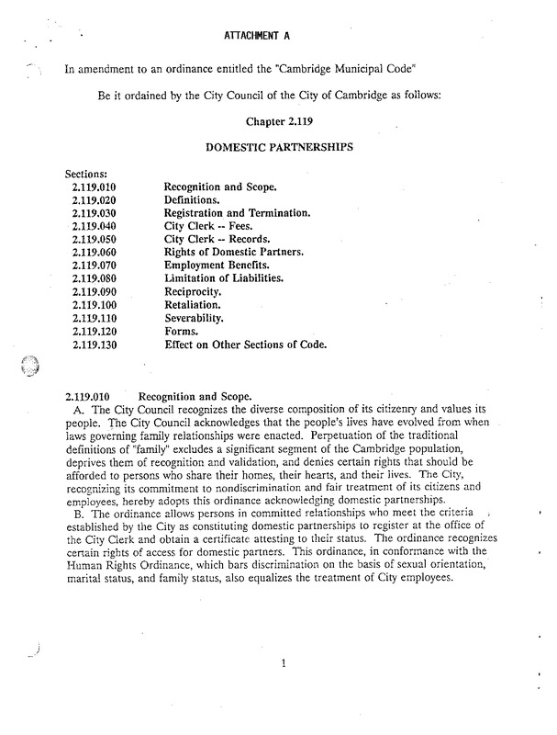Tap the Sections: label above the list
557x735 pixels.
coord(87,173)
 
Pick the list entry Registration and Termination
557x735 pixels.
coord(238,212)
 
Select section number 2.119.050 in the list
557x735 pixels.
coord(96,238)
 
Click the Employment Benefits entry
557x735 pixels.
coord(217,265)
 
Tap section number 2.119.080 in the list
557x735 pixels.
coord(96,277)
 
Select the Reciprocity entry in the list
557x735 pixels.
coord(197,290)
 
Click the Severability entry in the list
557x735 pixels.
coord(200,317)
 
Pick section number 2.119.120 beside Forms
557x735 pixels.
coord(96,330)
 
